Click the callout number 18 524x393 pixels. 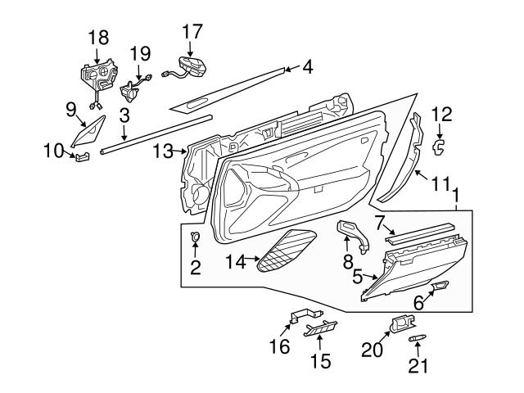coord(97,38)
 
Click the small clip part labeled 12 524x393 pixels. coord(438,146)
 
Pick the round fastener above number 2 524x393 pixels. coord(196,238)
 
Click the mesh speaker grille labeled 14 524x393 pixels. coord(287,251)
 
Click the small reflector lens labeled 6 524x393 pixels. coord(439,286)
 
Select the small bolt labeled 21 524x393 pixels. coord(417,337)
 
